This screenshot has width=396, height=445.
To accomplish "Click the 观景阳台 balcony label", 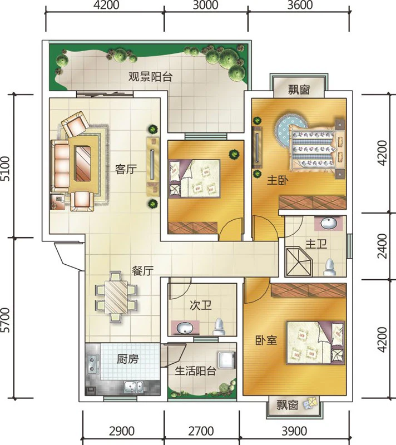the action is click(150, 77).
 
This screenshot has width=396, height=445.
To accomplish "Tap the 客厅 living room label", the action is click(126, 170).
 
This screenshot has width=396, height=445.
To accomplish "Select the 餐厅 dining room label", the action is click(143, 271).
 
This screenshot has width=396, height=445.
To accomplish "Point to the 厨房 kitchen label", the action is click(128, 359).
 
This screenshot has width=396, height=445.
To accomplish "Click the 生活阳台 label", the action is click(195, 370).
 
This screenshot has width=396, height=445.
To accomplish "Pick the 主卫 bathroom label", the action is click(316, 244).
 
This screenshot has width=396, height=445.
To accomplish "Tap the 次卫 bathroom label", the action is click(201, 305).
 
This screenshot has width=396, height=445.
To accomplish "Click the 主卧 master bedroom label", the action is click(278, 180).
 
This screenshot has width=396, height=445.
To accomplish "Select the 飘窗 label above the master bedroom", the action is click(299, 90).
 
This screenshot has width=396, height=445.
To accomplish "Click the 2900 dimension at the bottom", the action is click(122, 432).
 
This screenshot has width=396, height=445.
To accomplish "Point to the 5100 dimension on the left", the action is click(6, 169).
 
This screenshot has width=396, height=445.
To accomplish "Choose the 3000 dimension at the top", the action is click(205, 5).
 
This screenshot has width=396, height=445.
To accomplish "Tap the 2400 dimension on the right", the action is click(383, 246).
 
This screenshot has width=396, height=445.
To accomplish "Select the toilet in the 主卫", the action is click(330, 268).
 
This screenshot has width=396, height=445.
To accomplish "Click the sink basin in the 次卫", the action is click(185, 328).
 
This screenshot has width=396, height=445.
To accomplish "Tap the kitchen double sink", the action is click(133, 387).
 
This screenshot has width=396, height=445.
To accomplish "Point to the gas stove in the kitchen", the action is click(92, 364).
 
